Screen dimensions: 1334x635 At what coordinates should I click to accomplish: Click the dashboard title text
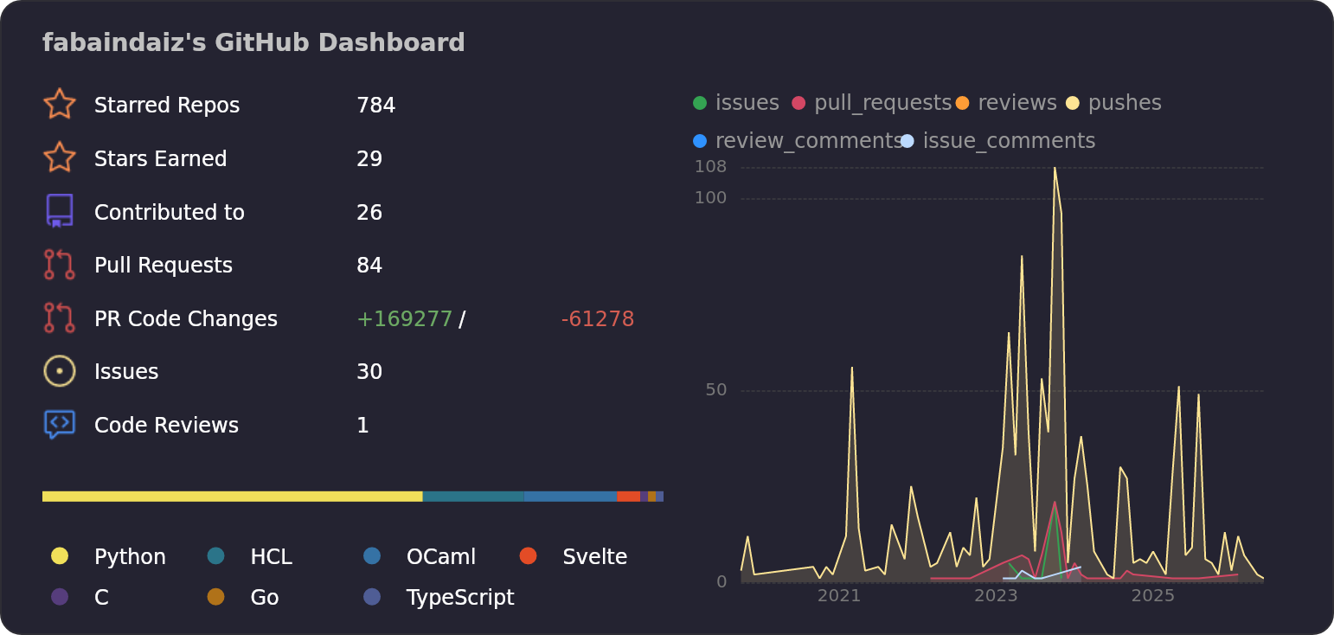tap(253, 43)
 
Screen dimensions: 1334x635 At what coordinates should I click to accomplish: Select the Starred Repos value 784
tap(375, 106)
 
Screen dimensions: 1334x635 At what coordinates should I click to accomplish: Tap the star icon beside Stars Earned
tap(60, 157)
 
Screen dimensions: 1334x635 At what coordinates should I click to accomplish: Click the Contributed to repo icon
tap(60, 211)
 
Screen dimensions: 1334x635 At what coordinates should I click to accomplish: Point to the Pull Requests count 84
tap(369, 266)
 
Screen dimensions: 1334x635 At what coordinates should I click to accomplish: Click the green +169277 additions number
tap(404, 319)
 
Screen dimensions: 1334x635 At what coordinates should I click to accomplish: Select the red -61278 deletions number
tap(597, 319)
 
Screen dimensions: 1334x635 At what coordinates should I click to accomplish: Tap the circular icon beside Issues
tap(60, 371)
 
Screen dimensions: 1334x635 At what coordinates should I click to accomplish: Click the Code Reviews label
tap(166, 426)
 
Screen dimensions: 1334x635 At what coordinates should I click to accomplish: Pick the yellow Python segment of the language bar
tap(232, 497)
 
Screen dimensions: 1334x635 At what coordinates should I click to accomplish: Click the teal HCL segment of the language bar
tap(473, 497)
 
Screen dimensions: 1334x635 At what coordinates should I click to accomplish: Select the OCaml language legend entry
tap(420, 556)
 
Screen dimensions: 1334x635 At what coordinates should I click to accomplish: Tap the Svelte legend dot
tap(529, 555)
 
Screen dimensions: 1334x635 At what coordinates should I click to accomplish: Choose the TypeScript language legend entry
tap(439, 597)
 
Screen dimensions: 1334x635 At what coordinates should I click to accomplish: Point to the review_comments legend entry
tap(798, 141)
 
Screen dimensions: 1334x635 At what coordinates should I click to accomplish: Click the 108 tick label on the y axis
tap(710, 167)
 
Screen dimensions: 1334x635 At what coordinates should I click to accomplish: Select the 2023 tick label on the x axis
tap(996, 596)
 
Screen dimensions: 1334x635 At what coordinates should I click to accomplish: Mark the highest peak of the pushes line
tap(1055, 168)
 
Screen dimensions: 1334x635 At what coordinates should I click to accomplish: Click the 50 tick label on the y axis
tap(715, 390)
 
